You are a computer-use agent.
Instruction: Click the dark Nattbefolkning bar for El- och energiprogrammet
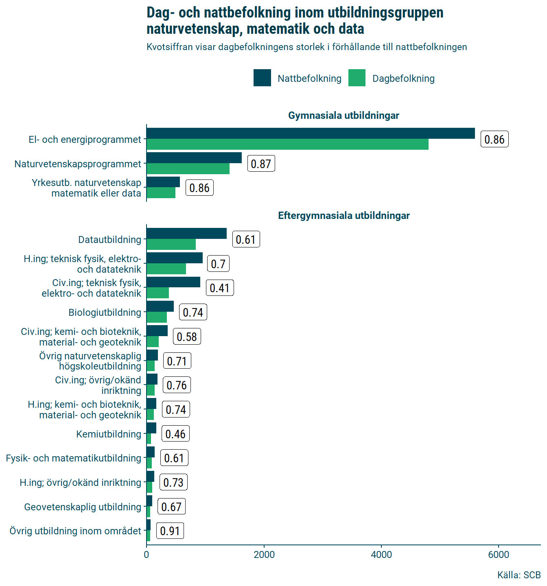tap(311, 133)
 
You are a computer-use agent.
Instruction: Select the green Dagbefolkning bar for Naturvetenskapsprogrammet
tap(188, 169)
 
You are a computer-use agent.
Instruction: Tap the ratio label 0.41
tap(220, 288)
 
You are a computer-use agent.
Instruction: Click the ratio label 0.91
tap(170, 531)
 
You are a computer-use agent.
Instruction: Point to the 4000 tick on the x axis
tap(381, 555)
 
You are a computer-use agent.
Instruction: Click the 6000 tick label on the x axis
tap(499, 555)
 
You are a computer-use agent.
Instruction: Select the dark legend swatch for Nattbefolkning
tap(262, 78)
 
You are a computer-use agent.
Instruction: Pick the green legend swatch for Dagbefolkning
tap(357, 78)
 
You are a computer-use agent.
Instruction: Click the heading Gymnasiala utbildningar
tap(344, 116)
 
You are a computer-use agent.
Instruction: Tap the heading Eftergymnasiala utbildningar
tap(344, 216)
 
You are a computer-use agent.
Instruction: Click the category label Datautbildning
tap(109, 240)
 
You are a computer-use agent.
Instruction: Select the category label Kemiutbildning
tap(109, 434)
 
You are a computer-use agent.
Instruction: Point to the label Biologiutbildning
tap(105, 313)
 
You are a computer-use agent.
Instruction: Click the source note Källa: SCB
tap(519, 575)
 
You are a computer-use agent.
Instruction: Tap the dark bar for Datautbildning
tap(186, 234)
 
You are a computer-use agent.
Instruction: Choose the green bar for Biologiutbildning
tap(157, 317)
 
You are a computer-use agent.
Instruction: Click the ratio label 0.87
tap(261, 164)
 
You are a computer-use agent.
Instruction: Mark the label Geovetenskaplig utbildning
tap(83, 507)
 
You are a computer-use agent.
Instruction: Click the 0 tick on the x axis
tap(147, 555)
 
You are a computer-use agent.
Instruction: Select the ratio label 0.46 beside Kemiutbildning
tap(175, 434)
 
